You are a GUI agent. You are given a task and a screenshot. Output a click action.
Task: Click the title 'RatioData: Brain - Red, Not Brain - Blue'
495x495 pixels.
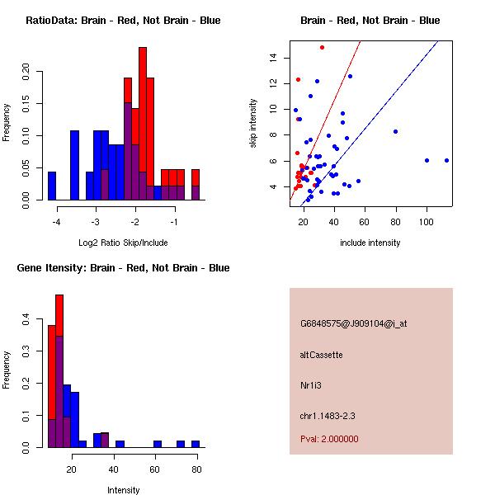pos(123,21)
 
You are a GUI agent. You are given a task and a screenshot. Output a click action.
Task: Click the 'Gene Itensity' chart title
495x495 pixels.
pos(123,268)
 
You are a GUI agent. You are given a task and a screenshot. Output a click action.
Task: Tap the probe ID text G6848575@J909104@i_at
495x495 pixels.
pos(353,323)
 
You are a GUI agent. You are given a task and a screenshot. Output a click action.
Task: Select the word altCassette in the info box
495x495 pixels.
pos(321,355)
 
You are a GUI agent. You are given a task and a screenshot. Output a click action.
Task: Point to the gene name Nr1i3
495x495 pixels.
pos(310,385)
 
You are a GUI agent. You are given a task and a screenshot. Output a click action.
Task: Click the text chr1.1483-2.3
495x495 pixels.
pos(328,416)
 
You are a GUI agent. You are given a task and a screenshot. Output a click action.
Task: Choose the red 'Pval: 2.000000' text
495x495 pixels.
pos(329,439)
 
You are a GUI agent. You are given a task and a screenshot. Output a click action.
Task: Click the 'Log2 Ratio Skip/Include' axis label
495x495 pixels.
pos(123,243)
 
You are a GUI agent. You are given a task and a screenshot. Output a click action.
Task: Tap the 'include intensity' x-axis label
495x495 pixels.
pos(370,243)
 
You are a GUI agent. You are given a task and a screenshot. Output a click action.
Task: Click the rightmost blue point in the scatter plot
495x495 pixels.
pos(446,160)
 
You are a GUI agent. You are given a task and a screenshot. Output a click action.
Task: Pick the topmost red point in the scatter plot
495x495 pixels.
pos(322,47)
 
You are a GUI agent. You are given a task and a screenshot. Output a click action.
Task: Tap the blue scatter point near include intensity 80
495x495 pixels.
pos(396,131)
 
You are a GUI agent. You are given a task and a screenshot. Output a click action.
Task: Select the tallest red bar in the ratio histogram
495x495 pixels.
pos(143,124)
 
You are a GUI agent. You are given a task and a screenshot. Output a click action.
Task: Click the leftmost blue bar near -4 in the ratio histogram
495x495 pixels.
pos(52,186)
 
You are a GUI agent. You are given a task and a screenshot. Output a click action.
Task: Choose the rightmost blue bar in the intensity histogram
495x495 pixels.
pos(196,444)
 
